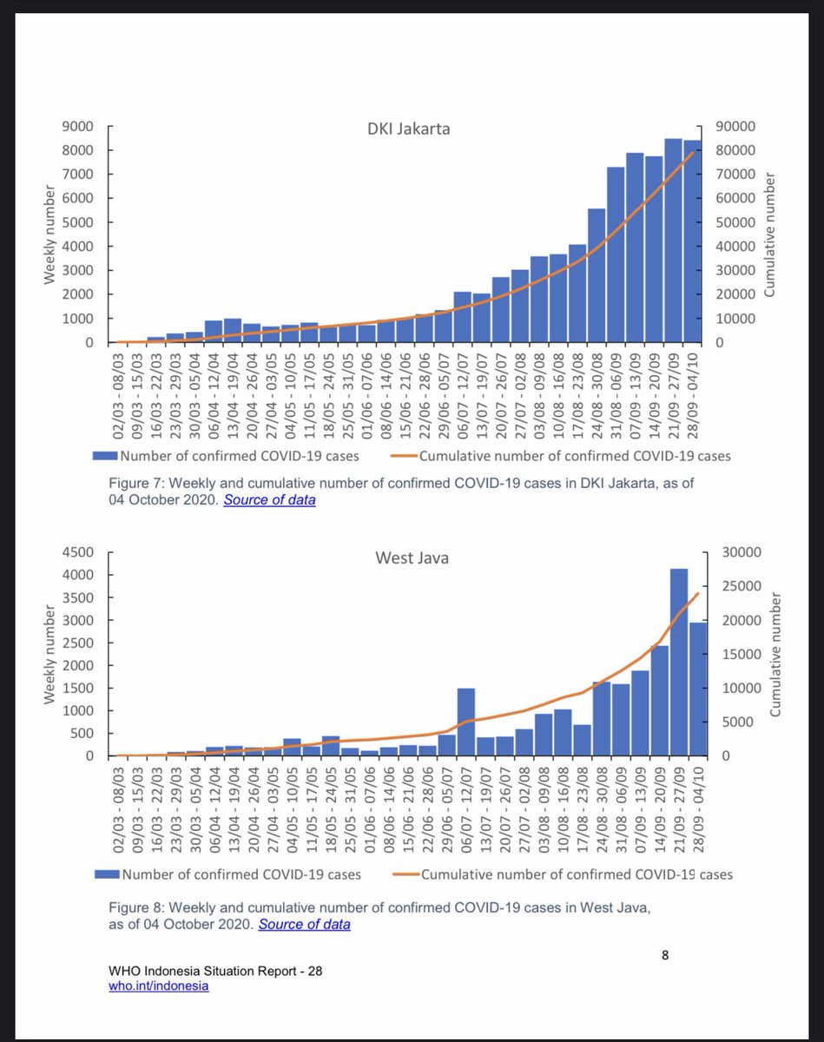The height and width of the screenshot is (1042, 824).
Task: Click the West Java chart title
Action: click(412, 558)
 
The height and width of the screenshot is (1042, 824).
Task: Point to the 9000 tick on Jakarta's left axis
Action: click(79, 127)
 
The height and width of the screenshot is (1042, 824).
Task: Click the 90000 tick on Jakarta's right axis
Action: click(736, 127)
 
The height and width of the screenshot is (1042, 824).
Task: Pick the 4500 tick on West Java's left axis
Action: click(79, 552)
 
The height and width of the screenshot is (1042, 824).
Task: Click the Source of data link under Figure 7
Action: click(269, 500)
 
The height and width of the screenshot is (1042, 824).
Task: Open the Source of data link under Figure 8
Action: click(304, 924)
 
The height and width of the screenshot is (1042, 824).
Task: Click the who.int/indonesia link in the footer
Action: click(159, 986)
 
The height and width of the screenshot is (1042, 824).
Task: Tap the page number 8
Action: click(665, 956)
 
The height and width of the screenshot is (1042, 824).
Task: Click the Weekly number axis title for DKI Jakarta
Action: click(52, 234)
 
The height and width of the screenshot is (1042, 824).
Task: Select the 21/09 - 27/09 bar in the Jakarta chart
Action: click(673, 241)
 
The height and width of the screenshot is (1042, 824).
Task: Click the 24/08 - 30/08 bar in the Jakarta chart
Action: click(597, 275)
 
